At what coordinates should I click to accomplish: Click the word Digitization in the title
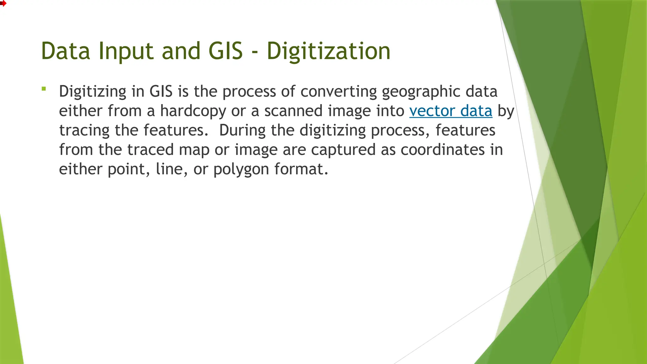click(329, 51)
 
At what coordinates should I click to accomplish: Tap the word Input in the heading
click(126, 51)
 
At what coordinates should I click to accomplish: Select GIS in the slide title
click(226, 51)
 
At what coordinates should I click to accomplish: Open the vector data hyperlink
click(450, 111)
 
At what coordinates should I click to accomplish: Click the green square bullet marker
click(44, 89)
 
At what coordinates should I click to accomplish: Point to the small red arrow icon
click(3, 3)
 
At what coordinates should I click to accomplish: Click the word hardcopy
click(193, 111)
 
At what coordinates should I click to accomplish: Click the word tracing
click(84, 130)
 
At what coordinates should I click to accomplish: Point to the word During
click(242, 130)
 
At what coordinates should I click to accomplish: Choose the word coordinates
click(443, 150)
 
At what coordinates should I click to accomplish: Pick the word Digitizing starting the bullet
click(93, 92)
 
